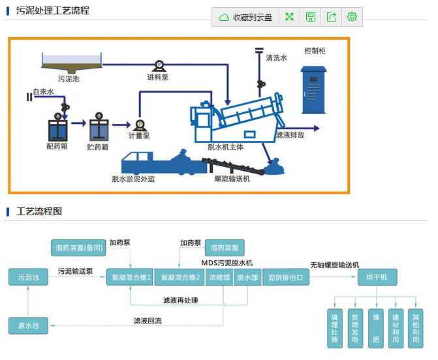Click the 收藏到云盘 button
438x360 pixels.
point(245,18)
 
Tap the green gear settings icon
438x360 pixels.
point(352,18)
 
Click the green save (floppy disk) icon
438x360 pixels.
point(311,18)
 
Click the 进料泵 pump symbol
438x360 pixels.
point(159,65)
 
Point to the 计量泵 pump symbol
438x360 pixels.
point(139,125)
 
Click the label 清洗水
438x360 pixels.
point(277,58)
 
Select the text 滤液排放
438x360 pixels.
point(290,136)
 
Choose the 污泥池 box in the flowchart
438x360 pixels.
point(28,278)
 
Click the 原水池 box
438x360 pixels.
point(28,325)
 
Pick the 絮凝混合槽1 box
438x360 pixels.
point(131,278)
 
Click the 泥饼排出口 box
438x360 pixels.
point(286,278)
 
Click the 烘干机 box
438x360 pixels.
point(377,278)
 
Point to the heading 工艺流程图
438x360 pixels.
point(39,212)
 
